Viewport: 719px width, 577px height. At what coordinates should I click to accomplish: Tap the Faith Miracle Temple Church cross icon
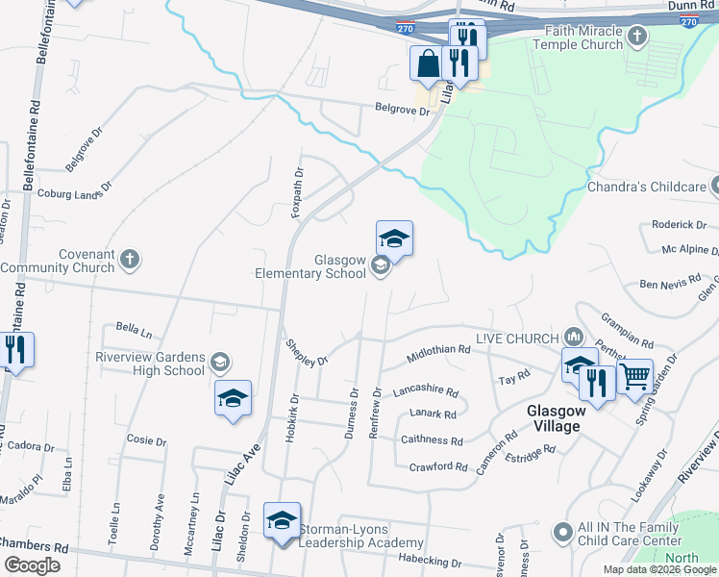coord(636,39)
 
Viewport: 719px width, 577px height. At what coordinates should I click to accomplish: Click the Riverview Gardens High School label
coord(151,363)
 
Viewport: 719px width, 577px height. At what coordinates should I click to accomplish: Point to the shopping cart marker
coord(634,378)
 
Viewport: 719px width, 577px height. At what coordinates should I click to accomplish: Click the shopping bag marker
coord(427,64)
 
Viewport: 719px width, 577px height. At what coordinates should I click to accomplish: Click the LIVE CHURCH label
coord(518,339)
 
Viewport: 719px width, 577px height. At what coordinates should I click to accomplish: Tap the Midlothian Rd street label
coord(437,351)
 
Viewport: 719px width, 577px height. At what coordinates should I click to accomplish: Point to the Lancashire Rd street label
coord(425,392)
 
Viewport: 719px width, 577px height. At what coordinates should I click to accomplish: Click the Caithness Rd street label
coord(430,440)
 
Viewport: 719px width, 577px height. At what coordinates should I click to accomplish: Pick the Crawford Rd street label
coord(437,467)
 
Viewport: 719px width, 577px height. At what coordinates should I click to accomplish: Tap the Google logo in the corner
coord(33,565)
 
